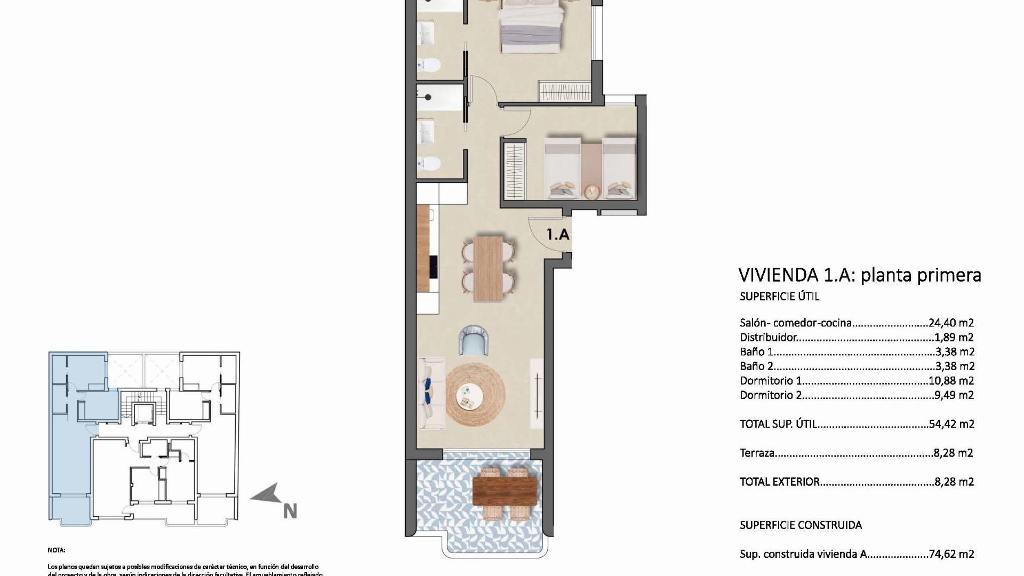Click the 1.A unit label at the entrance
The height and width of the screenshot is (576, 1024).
pyautogui.click(x=558, y=234)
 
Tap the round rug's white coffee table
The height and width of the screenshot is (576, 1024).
pyautogui.click(x=469, y=396)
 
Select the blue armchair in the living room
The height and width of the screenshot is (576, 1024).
pyautogui.click(x=474, y=340)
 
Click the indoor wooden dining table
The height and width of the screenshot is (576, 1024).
pyautogui.click(x=489, y=269)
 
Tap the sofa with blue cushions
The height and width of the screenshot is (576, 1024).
pyautogui.click(x=431, y=394)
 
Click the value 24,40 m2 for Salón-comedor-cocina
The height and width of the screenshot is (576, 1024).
pyautogui.click(x=951, y=323)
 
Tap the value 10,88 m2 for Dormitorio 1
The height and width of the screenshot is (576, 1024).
pyautogui.click(x=951, y=381)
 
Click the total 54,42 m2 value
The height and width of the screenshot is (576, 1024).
pyautogui.click(x=951, y=424)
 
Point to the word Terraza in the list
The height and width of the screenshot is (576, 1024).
pyautogui.click(x=757, y=453)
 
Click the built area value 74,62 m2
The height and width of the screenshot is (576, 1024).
pyautogui.click(x=951, y=554)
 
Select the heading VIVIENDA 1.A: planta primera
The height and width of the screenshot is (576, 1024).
pyautogui.click(x=859, y=275)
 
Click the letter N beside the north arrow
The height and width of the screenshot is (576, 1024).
pyautogui.click(x=290, y=511)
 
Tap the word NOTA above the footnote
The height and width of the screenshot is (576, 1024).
pyautogui.click(x=56, y=550)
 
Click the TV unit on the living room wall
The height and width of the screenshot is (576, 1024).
pyautogui.click(x=537, y=393)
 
